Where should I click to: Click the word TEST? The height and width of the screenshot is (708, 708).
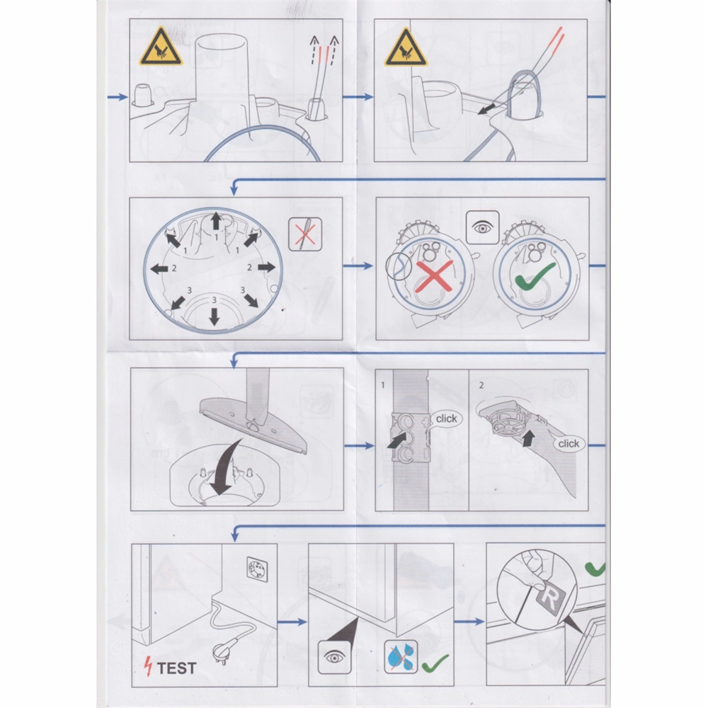click(x=176, y=668)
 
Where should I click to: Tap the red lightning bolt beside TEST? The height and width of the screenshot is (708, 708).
click(x=148, y=666)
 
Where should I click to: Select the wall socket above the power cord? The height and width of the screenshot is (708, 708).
click(x=258, y=569)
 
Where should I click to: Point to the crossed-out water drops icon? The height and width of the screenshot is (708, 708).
click(x=401, y=656)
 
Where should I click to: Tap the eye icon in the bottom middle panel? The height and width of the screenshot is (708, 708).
click(x=335, y=657)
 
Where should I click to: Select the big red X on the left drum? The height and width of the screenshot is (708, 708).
click(x=434, y=276)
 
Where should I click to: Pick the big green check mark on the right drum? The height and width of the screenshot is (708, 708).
click(x=535, y=277)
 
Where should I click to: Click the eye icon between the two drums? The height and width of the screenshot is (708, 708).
click(x=482, y=227)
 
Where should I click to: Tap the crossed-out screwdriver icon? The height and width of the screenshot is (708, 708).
click(x=305, y=234)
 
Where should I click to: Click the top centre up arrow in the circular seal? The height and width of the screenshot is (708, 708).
click(x=216, y=221)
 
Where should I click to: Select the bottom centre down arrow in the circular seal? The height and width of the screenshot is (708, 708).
click(x=214, y=316)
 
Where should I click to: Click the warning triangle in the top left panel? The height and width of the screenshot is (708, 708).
click(x=161, y=47)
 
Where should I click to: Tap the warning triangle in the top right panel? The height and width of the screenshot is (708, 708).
click(x=406, y=47)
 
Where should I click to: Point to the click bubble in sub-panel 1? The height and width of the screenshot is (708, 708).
click(x=446, y=418)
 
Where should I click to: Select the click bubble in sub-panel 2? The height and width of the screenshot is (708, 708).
click(x=569, y=443)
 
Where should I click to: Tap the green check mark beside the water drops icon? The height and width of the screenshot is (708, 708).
click(x=435, y=663)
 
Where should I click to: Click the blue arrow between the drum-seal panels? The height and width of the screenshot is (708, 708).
click(x=358, y=266)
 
